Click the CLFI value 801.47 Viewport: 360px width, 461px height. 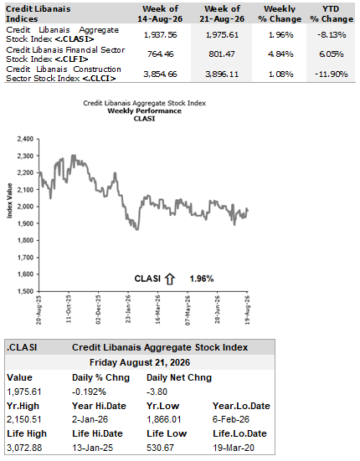[222, 54]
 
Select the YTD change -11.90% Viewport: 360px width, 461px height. [332, 74]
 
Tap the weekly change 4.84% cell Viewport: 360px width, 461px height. [280, 54]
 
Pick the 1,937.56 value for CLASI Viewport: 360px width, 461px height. [160, 34]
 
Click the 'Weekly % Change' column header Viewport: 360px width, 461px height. [280, 14]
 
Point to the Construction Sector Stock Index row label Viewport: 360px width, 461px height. [64, 74]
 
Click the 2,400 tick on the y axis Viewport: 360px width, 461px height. [25, 139]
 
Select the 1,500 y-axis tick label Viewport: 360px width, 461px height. [25, 291]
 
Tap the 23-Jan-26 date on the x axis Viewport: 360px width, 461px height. [128, 309]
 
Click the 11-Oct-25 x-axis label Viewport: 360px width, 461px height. [69, 309]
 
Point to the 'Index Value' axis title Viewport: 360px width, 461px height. [10, 201]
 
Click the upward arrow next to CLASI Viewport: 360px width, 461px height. [170, 279]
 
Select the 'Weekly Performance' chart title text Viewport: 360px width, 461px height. [144, 110]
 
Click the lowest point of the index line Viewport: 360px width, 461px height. [137, 229]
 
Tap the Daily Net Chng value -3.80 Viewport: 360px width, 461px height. [157, 392]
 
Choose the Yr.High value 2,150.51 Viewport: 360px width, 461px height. [23, 419]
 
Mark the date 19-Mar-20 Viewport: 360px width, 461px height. [234, 448]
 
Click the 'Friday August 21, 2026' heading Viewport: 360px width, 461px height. [140, 362]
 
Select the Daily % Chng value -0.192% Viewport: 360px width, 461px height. [89, 392]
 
